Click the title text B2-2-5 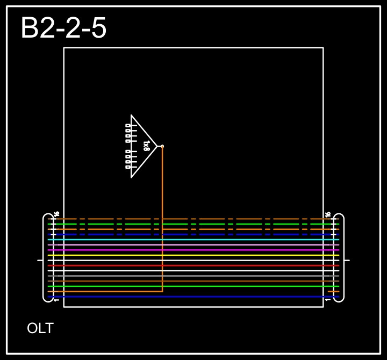click(x=63, y=28)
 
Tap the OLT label click(x=40, y=328)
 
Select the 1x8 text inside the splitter click(x=146, y=146)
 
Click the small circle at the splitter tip click(x=162, y=146)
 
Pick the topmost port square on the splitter click(x=128, y=125)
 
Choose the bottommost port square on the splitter click(x=128, y=167)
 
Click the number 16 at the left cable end click(x=56, y=214)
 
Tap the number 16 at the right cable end click(x=328, y=214)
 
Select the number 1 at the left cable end click(x=56, y=300)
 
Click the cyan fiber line click(x=215, y=240)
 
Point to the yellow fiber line click(x=215, y=255)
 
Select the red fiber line click(x=215, y=265)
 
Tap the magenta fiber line click(x=215, y=250)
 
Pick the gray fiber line click(x=215, y=276)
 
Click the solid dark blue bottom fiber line click(x=215, y=297)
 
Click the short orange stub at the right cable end click(x=333, y=291)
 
